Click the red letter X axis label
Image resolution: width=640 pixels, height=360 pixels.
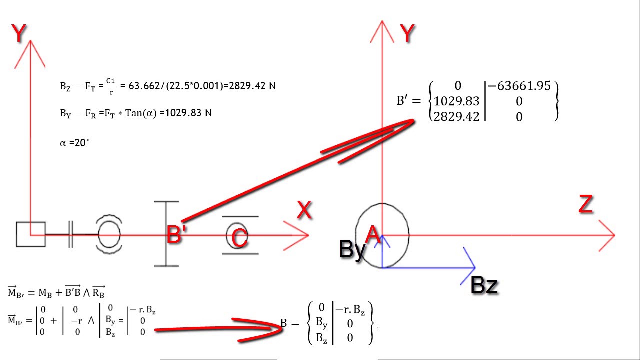point(304,210)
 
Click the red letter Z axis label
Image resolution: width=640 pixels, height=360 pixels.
point(585,204)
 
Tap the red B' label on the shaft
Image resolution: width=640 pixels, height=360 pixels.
point(176,234)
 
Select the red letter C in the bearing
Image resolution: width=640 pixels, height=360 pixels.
point(239,238)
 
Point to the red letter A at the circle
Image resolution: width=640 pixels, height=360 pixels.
point(373,234)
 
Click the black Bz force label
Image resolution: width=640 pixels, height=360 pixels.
point(484,285)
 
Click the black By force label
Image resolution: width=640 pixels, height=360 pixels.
point(353,249)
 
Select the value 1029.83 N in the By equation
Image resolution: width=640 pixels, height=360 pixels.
point(188,113)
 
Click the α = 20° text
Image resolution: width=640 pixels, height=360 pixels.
point(75,143)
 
